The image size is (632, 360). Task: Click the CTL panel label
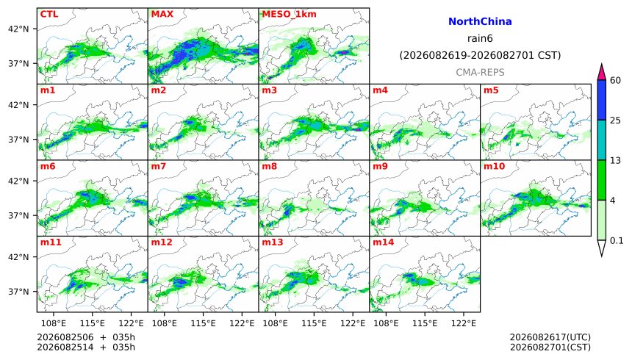pos(49,14)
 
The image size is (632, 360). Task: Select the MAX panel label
pos(162,14)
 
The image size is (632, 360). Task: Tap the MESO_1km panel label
pos(289,15)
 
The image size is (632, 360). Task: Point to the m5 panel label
pos(491,90)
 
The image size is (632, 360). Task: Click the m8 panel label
pos(269,166)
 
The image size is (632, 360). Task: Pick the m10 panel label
pos(494,166)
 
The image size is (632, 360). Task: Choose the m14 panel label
pos(383,242)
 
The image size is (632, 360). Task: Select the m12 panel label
pos(162,242)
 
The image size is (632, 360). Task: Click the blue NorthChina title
pos(480,22)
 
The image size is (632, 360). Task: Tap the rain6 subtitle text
pos(480,39)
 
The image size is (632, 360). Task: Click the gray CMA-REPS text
pos(480,73)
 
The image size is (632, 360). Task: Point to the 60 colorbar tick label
pos(615,80)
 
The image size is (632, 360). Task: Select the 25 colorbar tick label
pos(615,120)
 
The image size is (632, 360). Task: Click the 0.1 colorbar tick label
pos(617,241)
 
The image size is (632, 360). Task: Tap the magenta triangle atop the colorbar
pos(601,73)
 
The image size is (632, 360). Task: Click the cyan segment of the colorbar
pos(601,140)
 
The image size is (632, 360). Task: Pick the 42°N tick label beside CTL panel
pos(18,29)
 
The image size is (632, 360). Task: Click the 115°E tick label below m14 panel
pos(425,323)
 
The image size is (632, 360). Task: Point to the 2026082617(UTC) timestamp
pos(550,337)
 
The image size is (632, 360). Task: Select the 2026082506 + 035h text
pos(86,337)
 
